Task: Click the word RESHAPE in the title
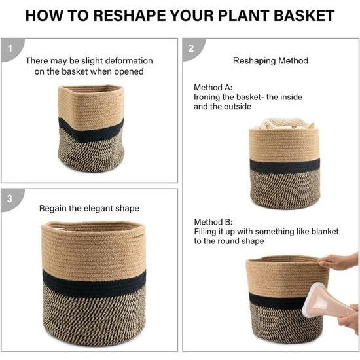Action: [130, 16]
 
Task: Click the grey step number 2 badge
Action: [193, 49]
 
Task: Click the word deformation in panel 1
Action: [129, 61]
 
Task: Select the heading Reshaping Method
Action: [270, 61]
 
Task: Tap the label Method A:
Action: [213, 88]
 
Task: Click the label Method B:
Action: [213, 222]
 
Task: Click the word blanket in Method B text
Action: [325, 232]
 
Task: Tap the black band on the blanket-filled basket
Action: [285, 166]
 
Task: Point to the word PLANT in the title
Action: [243, 16]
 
